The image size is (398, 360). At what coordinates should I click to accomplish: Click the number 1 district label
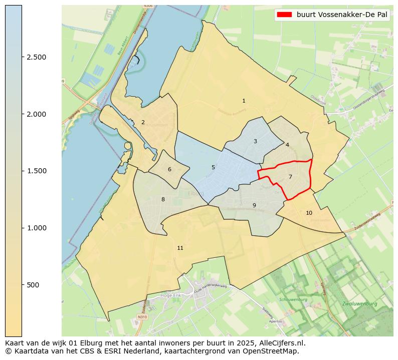pyautogui.click(x=244, y=101)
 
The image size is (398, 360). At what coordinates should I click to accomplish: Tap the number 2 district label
pyautogui.click(x=143, y=122)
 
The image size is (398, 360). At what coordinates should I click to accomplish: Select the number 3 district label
pyautogui.click(x=255, y=142)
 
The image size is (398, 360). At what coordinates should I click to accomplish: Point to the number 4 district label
pyautogui.click(x=287, y=145)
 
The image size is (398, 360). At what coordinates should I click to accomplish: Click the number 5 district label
pyautogui.click(x=213, y=168)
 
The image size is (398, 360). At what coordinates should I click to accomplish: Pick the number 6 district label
pyautogui.click(x=169, y=170)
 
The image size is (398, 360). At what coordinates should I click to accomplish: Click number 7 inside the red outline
pyautogui.click(x=290, y=177)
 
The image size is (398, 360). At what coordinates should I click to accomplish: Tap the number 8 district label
pyautogui.click(x=163, y=200)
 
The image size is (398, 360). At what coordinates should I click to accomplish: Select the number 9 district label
pyautogui.click(x=254, y=205)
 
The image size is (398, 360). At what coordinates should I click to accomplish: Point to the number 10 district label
pyautogui.click(x=309, y=213)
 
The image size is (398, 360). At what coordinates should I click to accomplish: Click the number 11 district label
pyautogui.click(x=180, y=248)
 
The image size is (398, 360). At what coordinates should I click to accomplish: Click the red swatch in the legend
pyautogui.click(x=284, y=15)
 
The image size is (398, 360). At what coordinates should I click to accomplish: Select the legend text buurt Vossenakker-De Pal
pyautogui.click(x=342, y=15)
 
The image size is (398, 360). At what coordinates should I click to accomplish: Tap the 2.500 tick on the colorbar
pyautogui.click(x=37, y=57)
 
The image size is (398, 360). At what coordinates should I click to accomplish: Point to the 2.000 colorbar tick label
pyautogui.click(x=37, y=114)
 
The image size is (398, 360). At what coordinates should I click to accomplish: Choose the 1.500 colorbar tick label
pyautogui.click(x=37, y=171)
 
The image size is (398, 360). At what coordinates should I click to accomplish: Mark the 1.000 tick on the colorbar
pyautogui.click(x=37, y=228)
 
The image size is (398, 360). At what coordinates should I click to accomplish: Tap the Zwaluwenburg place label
pyautogui.click(x=359, y=304)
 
